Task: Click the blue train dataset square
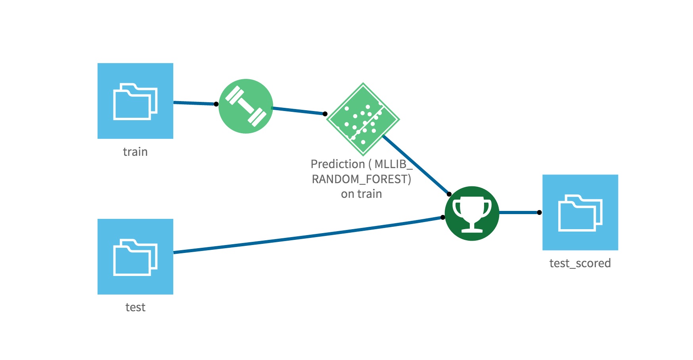[x=135, y=101]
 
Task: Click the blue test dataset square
[x=135, y=257]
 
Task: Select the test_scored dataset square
[x=580, y=212]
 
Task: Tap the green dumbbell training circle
[x=246, y=106]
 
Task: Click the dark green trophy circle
[x=472, y=213]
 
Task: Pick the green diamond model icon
[x=363, y=119]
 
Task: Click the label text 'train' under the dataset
[x=135, y=152]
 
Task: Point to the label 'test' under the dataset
[x=135, y=307]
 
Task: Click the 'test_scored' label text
[x=580, y=263]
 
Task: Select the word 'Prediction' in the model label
[x=337, y=164]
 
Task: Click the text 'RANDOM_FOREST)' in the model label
[x=362, y=179]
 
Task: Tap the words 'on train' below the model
[x=362, y=194]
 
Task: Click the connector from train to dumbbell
[x=194, y=103]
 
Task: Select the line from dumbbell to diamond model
[x=298, y=111]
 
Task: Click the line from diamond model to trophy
[x=416, y=165]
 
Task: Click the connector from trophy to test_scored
[x=519, y=213]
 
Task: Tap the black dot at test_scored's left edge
[x=539, y=213]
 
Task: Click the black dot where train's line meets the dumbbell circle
[x=216, y=104]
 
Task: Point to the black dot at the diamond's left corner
[x=325, y=114]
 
